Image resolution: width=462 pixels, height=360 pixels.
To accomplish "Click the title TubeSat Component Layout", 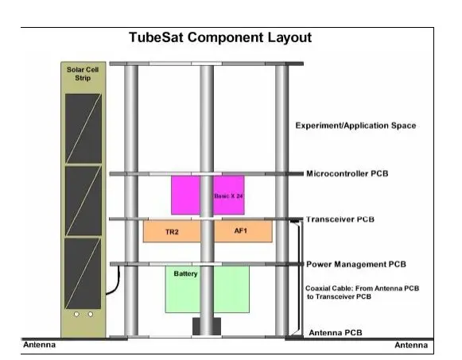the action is [220, 37].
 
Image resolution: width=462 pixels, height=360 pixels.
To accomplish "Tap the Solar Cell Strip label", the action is [83, 74].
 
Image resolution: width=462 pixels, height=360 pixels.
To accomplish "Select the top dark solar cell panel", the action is [83, 128].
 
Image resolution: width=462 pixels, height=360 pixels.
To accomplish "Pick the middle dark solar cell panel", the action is [83, 201].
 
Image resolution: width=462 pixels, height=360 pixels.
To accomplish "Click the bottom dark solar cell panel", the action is [83, 273].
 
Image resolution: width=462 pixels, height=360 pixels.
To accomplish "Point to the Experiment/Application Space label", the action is [355, 126].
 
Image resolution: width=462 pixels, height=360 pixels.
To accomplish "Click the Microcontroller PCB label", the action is [347, 173].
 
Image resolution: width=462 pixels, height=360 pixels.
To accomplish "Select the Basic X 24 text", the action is [229, 195].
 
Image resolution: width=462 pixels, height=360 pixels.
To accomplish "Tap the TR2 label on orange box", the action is [172, 232].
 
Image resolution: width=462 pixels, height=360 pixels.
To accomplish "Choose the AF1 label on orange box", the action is [240, 230].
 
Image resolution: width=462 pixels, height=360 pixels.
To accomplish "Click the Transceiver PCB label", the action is [340, 219].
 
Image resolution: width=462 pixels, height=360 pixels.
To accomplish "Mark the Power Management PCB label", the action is [356, 264].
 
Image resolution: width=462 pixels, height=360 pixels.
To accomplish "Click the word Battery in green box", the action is [185, 273].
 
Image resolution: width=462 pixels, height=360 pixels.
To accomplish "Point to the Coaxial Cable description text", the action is [362, 292].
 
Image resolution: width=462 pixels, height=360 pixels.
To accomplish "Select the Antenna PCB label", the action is [336, 333].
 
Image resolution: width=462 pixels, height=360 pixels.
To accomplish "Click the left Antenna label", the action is [39, 345].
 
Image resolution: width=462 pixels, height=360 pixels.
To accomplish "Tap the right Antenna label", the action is [411, 345].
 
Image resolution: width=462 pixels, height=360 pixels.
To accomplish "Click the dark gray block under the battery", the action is [207, 326].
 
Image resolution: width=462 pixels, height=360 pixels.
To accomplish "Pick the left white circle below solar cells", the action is [76, 315].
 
